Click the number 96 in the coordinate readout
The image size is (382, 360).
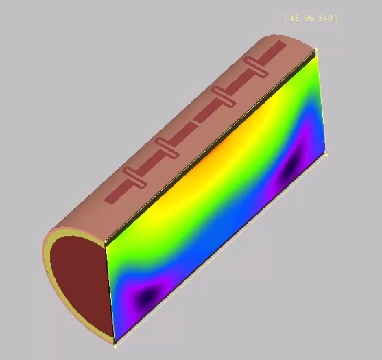[x=309, y=19]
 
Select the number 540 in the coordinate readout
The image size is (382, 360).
[x=325, y=19]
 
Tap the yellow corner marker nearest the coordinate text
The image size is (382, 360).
[x=316, y=49]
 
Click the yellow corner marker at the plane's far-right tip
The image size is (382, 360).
[x=326, y=155]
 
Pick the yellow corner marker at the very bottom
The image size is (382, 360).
[x=115, y=347]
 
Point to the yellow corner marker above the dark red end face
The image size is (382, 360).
[x=106, y=241]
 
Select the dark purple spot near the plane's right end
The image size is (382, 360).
[x=291, y=166]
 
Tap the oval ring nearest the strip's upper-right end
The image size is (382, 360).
[x=256, y=67]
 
